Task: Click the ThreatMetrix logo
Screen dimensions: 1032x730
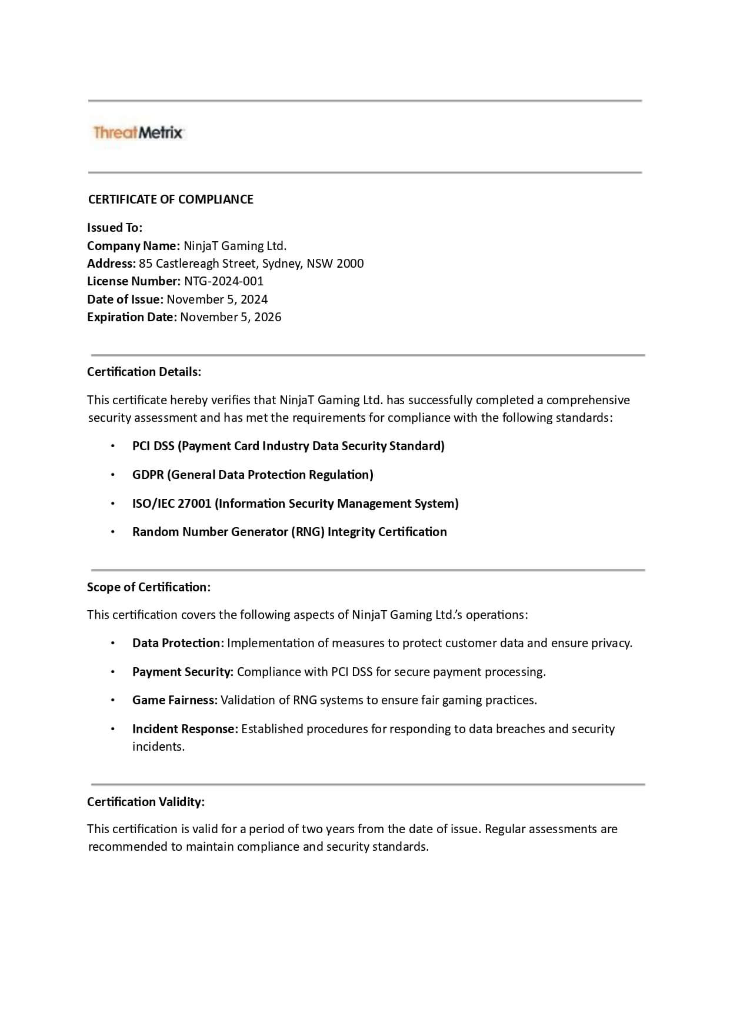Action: (138, 132)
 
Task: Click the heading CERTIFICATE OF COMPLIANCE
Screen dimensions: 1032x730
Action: (171, 199)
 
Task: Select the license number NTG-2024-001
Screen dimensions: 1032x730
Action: (224, 281)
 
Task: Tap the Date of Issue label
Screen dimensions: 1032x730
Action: (125, 299)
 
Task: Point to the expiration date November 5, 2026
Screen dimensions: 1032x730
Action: (231, 317)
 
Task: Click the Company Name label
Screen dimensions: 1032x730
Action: (133, 246)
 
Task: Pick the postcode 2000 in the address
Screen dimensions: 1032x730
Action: (350, 264)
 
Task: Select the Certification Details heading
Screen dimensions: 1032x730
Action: (144, 372)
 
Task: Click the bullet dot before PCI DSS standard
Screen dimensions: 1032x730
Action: (112, 446)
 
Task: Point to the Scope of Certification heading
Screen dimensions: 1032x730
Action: (149, 587)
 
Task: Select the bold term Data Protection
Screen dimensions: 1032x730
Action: (177, 643)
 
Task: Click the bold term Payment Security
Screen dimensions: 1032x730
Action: (182, 672)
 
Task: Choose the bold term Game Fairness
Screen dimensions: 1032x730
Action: (175, 700)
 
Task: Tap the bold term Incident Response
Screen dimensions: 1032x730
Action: (185, 729)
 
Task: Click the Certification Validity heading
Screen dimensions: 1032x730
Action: (146, 802)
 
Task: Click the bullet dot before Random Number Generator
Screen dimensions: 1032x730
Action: (112, 532)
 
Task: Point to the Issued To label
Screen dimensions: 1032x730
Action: (115, 228)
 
